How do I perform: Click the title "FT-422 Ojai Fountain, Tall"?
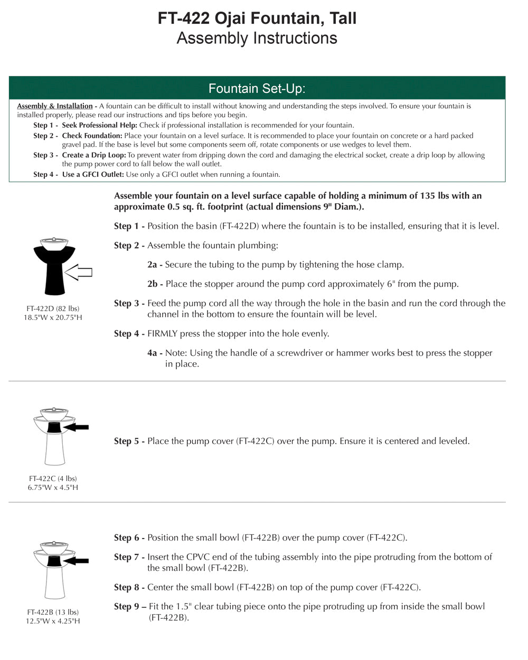pos(257,18)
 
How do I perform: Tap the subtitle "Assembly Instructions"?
pos(257,38)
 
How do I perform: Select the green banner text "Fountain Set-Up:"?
pos(257,88)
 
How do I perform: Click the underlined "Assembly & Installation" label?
pos(55,106)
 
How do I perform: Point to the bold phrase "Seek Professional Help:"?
pos(99,125)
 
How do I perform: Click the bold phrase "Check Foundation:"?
pos(92,136)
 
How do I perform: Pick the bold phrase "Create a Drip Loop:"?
pos(94,155)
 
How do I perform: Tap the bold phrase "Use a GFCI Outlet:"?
pos(93,174)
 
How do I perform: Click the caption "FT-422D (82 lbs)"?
pos(53,308)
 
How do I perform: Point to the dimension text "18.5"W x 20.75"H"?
pos(53,317)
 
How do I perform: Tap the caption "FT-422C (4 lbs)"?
pos(53,478)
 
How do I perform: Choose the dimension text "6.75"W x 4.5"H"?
pos(53,487)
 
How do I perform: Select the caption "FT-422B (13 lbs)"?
pos(53,612)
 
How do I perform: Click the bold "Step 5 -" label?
pos(129,441)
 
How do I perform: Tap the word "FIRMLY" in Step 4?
pos(162,334)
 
